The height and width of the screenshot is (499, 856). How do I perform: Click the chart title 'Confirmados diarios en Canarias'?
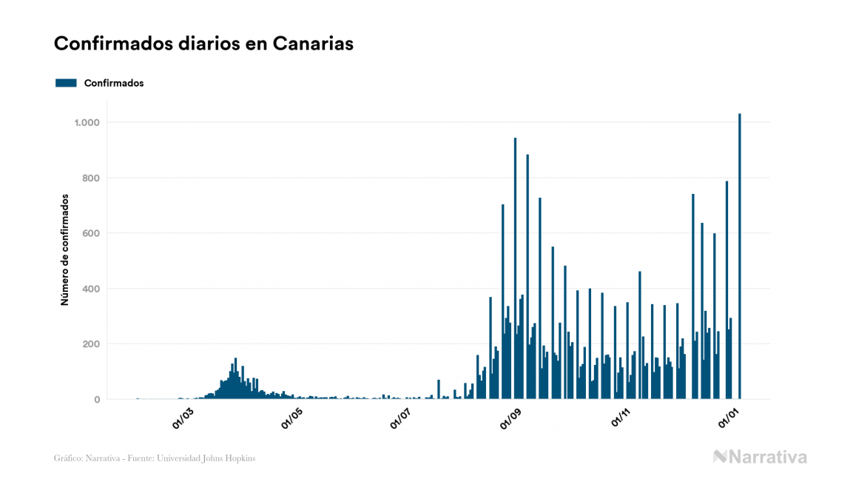point(203,44)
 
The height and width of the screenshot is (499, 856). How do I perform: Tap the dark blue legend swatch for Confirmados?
point(66,83)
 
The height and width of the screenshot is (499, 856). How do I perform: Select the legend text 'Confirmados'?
point(114,83)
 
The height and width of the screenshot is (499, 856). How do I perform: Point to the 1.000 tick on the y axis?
point(87,122)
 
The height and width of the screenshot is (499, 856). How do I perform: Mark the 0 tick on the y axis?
point(96,400)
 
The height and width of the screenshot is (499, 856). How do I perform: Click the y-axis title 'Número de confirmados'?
point(65,250)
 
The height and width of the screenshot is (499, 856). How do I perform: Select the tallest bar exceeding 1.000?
point(740,259)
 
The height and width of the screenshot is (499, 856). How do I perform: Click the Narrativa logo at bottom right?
point(760,457)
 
